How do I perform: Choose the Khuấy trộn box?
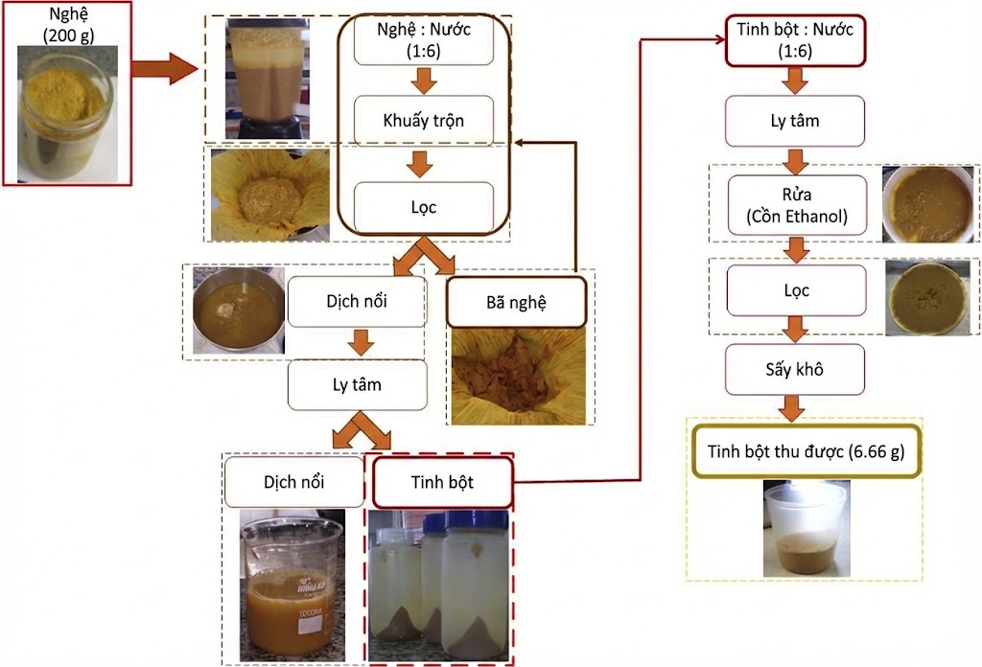(x=424, y=120)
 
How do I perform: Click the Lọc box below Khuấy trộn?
(x=424, y=206)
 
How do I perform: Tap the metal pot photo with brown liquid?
(x=237, y=311)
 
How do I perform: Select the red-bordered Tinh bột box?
(x=442, y=482)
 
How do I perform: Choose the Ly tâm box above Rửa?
(x=796, y=121)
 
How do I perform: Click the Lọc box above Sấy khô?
(x=796, y=289)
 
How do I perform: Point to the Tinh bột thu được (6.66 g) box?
(x=806, y=450)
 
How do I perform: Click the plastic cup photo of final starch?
(x=806, y=527)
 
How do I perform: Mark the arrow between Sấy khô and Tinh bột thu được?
(x=793, y=408)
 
